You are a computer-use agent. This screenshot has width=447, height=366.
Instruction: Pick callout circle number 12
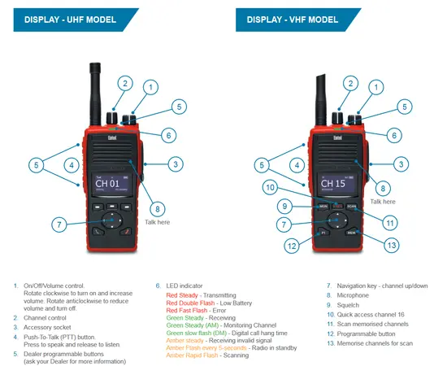pos(291,245)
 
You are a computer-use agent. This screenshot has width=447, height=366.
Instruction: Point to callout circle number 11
pos(389,222)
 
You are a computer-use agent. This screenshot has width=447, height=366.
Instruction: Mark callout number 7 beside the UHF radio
pos(59,224)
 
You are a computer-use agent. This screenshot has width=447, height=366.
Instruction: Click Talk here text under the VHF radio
pos(382,200)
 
